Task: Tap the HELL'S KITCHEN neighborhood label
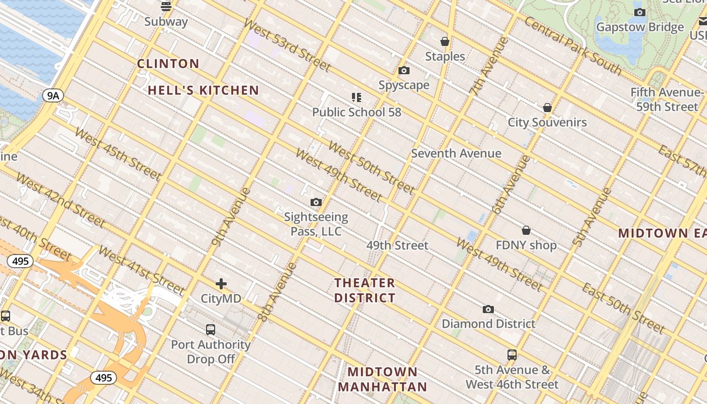pos(204,90)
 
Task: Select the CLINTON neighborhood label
pos(168,64)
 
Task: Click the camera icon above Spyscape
pos(404,71)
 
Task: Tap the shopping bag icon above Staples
pos(445,41)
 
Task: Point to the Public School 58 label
pos(357,112)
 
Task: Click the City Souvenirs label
pos(547,122)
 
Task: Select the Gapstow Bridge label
pos(640,27)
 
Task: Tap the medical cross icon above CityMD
pos(221,284)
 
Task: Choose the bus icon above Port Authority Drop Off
pos(211,330)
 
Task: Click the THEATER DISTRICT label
pos(365,290)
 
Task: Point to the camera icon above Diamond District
pos(488,309)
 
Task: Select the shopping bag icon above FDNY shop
pos(526,230)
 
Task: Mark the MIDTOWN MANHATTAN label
pos(382,380)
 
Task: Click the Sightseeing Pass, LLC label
pos(316,224)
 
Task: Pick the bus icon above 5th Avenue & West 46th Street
pos(512,355)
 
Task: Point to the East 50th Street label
pos(623,308)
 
